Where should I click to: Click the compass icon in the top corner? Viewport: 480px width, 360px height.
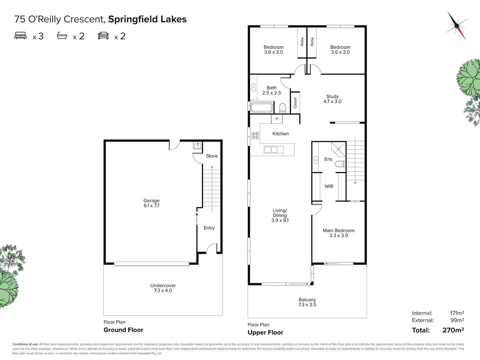pyautogui.click(x=456, y=26)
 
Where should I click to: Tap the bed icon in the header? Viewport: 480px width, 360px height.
pyautogui.click(x=20, y=36)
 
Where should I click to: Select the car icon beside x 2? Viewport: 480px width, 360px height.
pyautogui.click(x=103, y=36)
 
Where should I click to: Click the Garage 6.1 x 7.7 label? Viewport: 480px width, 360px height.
pyautogui.click(x=151, y=203)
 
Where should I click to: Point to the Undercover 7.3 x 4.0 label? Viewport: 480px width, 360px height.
pyautogui.click(x=163, y=288)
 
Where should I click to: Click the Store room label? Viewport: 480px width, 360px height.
pyautogui.click(x=212, y=156)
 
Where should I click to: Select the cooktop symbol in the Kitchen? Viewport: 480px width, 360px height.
pyautogui.click(x=255, y=135)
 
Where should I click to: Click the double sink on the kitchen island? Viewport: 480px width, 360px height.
pyautogui.click(x=271, y=150)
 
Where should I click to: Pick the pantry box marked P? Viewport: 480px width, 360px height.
pyautogui.click(x=277, y=119)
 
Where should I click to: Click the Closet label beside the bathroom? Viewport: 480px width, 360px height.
pyautogui.click(x=295, y=103)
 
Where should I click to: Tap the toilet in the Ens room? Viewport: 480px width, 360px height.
pyautogui.click(x=340, y=164)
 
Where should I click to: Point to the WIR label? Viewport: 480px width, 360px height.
pyautogui.click(x=329, y=186)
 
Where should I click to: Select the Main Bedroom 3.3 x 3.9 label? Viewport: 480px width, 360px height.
pyautogui.click(x=338, y=233)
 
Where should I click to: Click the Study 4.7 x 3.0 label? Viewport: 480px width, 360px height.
pyautogui.click(x=332, y=99)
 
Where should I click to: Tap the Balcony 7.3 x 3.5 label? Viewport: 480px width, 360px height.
pyautogui.click(x=307, y=302)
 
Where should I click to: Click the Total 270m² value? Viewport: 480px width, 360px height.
pyautogui.click(x=453, y=330)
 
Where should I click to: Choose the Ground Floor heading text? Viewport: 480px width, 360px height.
pyautogui.click(x=123, y=330)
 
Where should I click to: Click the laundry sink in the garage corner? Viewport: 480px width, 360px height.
pyautogui.click(x=198, y=145)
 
